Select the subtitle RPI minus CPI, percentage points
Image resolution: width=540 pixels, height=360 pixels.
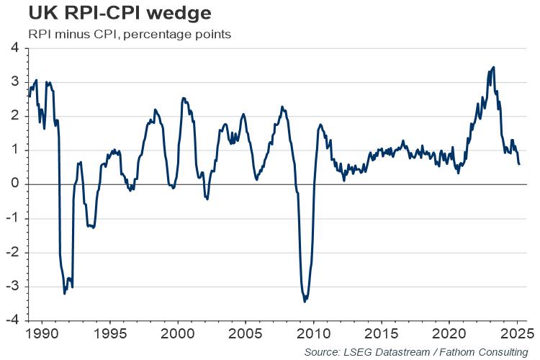coord(129,34)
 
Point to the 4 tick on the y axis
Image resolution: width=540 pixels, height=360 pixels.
coord(14,48)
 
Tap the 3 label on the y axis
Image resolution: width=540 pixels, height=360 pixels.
coord(14,82)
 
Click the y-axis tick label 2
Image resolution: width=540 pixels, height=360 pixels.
coord(14,116)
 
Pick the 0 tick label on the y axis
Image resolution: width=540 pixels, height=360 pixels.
coord(14,184)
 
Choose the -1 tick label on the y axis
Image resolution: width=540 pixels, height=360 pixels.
coord(12,218)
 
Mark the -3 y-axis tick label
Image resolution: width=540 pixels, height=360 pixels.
coord(12,287)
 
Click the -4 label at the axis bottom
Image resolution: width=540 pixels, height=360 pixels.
coord(12,320)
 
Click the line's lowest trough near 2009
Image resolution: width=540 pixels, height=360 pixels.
coord(305,301)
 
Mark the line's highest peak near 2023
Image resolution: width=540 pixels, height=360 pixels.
coord(493,67)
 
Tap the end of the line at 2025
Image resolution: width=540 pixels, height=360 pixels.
coord(520,164)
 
